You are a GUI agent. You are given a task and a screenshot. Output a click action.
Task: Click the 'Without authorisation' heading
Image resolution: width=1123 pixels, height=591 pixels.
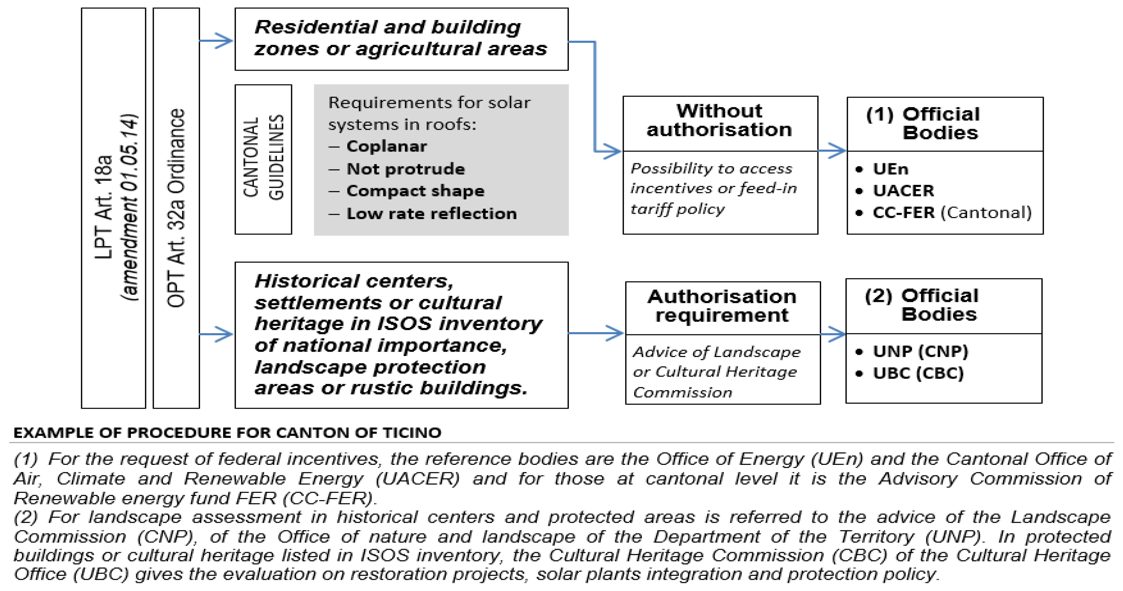coord(719,120)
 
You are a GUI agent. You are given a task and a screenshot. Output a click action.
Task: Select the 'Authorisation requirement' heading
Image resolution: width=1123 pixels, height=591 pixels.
coord(722,306)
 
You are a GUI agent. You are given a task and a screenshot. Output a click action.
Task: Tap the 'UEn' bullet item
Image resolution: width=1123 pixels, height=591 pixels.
coord(890,169)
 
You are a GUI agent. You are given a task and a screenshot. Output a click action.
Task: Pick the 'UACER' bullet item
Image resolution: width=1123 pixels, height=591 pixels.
coord(903,191)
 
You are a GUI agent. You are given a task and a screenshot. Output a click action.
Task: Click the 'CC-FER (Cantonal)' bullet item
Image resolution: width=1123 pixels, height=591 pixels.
coord(952,212)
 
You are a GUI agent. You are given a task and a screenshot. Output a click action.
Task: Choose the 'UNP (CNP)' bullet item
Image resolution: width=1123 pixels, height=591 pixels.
coord(920,351)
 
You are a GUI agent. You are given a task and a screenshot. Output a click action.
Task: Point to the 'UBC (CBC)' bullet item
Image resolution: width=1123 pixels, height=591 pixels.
coord(918,373)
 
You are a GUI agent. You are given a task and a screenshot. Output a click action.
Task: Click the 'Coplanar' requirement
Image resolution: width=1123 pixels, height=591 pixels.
coord(386,146)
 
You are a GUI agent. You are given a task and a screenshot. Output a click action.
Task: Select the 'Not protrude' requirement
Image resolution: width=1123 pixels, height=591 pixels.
coord(405,169)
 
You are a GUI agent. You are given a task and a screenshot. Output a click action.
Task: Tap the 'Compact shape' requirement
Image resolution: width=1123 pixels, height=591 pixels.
coord(415,191)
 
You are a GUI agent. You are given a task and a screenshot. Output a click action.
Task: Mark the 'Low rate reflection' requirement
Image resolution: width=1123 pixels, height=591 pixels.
coord(431,213)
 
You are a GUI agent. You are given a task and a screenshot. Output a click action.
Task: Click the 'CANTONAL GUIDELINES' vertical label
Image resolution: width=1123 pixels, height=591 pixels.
coord(263,158)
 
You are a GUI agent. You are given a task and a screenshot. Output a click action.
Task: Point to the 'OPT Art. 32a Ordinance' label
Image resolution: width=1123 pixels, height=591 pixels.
coord(176,208)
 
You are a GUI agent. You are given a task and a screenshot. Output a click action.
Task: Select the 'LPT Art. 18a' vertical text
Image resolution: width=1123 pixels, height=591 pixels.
coord(104,208)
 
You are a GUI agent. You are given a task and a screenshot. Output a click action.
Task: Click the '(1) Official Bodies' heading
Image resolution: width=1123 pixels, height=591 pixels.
coord(940,123)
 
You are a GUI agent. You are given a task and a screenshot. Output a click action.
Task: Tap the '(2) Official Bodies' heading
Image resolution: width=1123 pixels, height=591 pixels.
coord(939,305)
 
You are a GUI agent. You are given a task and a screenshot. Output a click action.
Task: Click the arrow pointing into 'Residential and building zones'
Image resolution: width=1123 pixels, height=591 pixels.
coord(217,41)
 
